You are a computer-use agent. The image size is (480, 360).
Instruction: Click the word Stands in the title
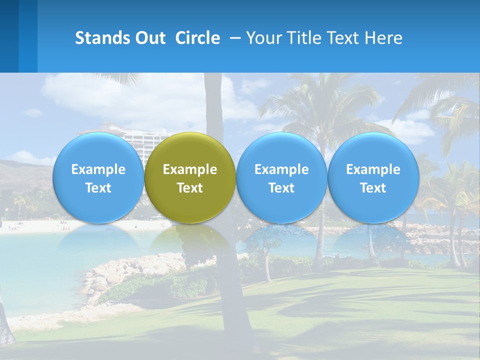click(102, 38)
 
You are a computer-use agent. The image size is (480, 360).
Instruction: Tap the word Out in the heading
click(149, 38)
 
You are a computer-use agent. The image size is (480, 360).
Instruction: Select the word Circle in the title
click(197, 38)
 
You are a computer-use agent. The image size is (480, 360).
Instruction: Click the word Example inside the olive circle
click(190, 169)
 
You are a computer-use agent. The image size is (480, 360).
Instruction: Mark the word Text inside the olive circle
click(190, 188)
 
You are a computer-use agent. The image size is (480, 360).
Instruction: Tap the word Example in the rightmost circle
click(373, 169)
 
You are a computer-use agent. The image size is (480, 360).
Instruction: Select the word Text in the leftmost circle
click(98, 188)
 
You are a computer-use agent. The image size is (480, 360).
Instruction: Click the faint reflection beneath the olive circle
click(190, 240)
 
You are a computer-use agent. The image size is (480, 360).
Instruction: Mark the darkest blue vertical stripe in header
click(9, 36)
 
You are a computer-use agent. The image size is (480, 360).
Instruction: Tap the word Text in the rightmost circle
click(373, 188)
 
